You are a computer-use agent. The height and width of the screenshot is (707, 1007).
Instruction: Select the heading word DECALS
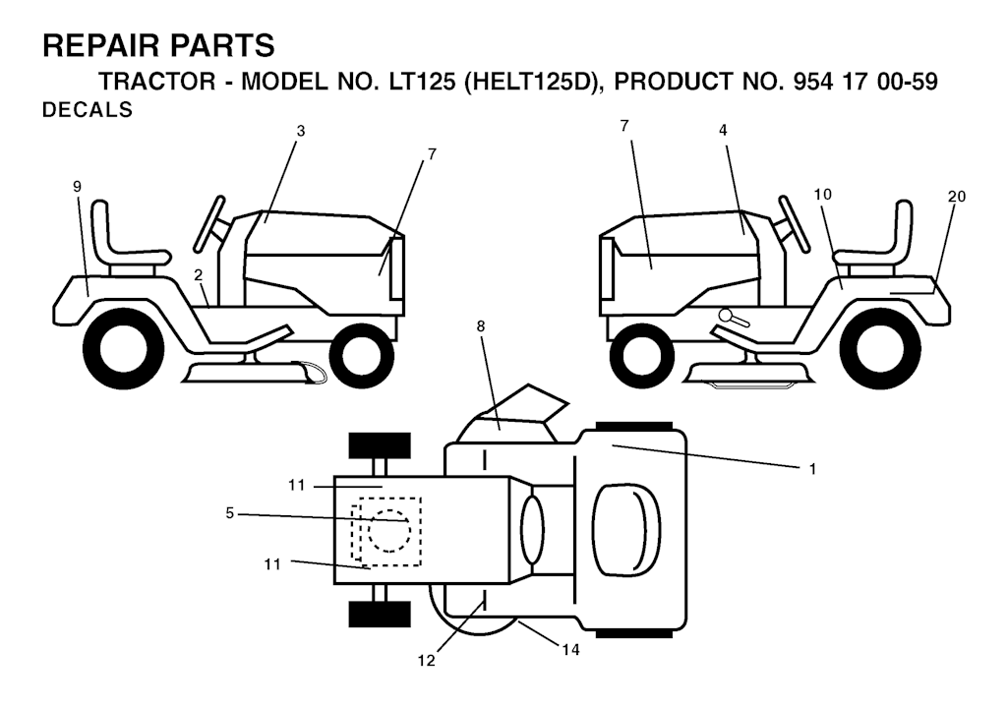click(88, 110)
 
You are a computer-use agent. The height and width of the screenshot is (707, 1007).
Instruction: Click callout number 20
click(956, 197)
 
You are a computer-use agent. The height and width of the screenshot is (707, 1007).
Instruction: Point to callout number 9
click(77, 187)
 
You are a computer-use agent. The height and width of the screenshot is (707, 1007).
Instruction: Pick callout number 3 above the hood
click(301, 131)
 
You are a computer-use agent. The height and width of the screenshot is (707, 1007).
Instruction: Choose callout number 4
click(723, 131)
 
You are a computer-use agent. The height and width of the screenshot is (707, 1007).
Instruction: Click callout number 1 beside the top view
click(812, 469)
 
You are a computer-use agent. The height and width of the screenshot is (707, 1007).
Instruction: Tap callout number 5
click(230, 513)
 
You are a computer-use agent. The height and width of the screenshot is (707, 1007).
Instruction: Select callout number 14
click(571, 650)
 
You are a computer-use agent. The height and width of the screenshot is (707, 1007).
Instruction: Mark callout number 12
click(427, 660)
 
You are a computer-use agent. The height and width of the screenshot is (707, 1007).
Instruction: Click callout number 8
click(481, 326)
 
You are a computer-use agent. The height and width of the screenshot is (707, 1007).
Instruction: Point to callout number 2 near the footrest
click(199, 275)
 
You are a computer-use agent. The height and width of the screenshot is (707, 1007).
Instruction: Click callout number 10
click(823, 195)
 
